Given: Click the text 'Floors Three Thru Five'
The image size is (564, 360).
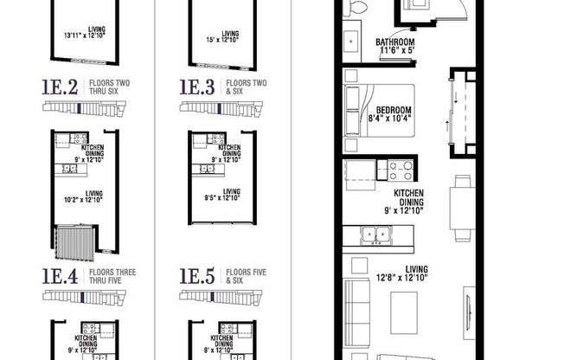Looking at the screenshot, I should point(110,277).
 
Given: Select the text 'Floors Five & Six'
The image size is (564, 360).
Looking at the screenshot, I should point(246,277).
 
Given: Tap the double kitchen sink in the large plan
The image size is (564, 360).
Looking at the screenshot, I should point(375,233).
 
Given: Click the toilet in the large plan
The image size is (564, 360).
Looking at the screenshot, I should point(353,8).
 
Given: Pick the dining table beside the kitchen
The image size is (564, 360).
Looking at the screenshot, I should point(460,200).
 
